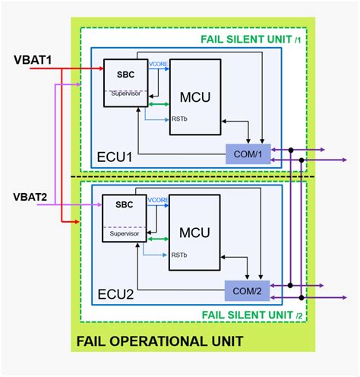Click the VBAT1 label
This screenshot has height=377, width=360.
(31, 59)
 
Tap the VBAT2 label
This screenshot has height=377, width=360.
(31, 198)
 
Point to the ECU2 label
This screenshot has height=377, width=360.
(115, 293)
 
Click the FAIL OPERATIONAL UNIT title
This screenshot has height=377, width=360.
(159, 341)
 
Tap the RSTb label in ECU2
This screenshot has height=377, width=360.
(179, 255)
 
